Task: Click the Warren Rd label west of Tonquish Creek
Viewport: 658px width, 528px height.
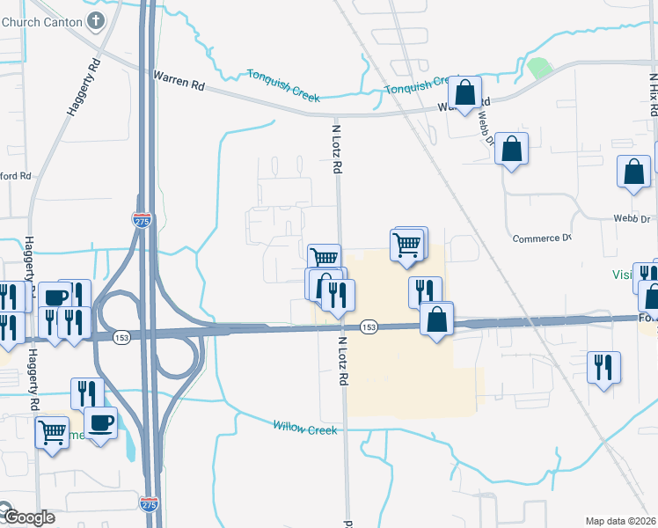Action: click(x=179, y=80)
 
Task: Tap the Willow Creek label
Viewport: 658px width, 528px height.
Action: click(x=305, y=428)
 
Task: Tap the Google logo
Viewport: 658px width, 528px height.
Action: click(x=27, y=517)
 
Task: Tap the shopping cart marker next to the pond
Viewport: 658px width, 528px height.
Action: click(x=53, y=432)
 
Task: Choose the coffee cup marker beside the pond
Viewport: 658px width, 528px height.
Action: click(x=100, y=422)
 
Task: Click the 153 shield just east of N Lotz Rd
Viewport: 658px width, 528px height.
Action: click(x=369, y=327)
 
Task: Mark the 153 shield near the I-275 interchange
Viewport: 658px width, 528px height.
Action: click(x=121, y=336)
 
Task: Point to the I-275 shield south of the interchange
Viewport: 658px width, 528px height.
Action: click(x=149, y=502)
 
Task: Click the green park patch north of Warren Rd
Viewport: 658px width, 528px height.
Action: click(x=538, y=67)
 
